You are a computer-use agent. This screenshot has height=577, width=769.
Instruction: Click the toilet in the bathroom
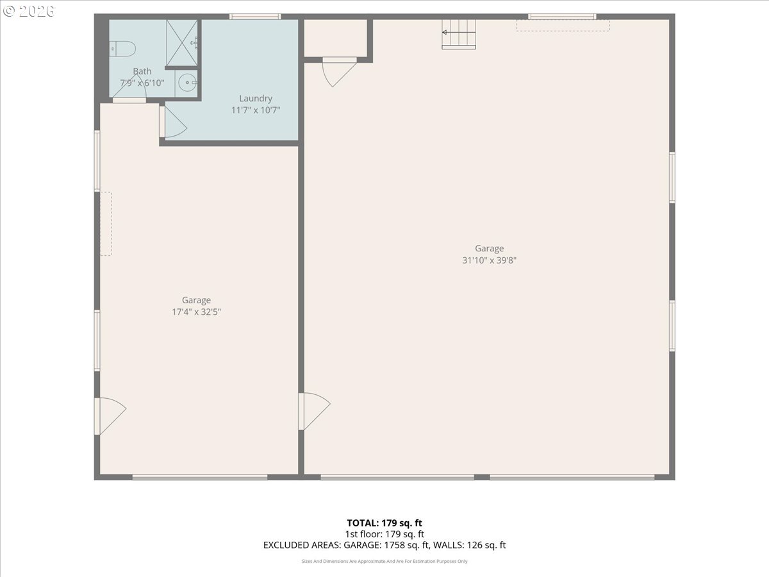click(123, 47)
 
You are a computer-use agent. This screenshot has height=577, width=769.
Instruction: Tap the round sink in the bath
click(186, 81)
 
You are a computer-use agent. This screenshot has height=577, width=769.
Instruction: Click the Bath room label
click(142, 71)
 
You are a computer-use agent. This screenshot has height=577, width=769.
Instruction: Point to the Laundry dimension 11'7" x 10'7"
click(256, 110)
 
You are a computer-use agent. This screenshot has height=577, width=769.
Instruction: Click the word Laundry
click(256, 98)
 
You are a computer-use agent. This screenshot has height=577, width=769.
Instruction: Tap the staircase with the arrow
click(459, 33)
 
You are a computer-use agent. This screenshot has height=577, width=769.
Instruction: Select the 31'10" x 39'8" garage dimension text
click(489, 260)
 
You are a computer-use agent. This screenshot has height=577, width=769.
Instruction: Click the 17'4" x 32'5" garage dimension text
click(196, 312)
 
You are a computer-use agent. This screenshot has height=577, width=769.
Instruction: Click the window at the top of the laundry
click(255, 17)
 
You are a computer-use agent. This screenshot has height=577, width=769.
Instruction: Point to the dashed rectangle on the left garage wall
click(106, 224)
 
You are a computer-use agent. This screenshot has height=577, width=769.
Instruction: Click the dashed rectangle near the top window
click(563, 26)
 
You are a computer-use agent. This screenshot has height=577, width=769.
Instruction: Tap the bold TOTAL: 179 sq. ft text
click(384, 523)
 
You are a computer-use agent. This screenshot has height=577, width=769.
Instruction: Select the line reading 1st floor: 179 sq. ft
click(384, 533)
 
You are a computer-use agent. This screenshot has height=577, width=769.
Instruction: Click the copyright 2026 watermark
click(29, 11)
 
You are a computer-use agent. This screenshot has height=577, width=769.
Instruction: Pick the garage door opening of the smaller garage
click(200, 477)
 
